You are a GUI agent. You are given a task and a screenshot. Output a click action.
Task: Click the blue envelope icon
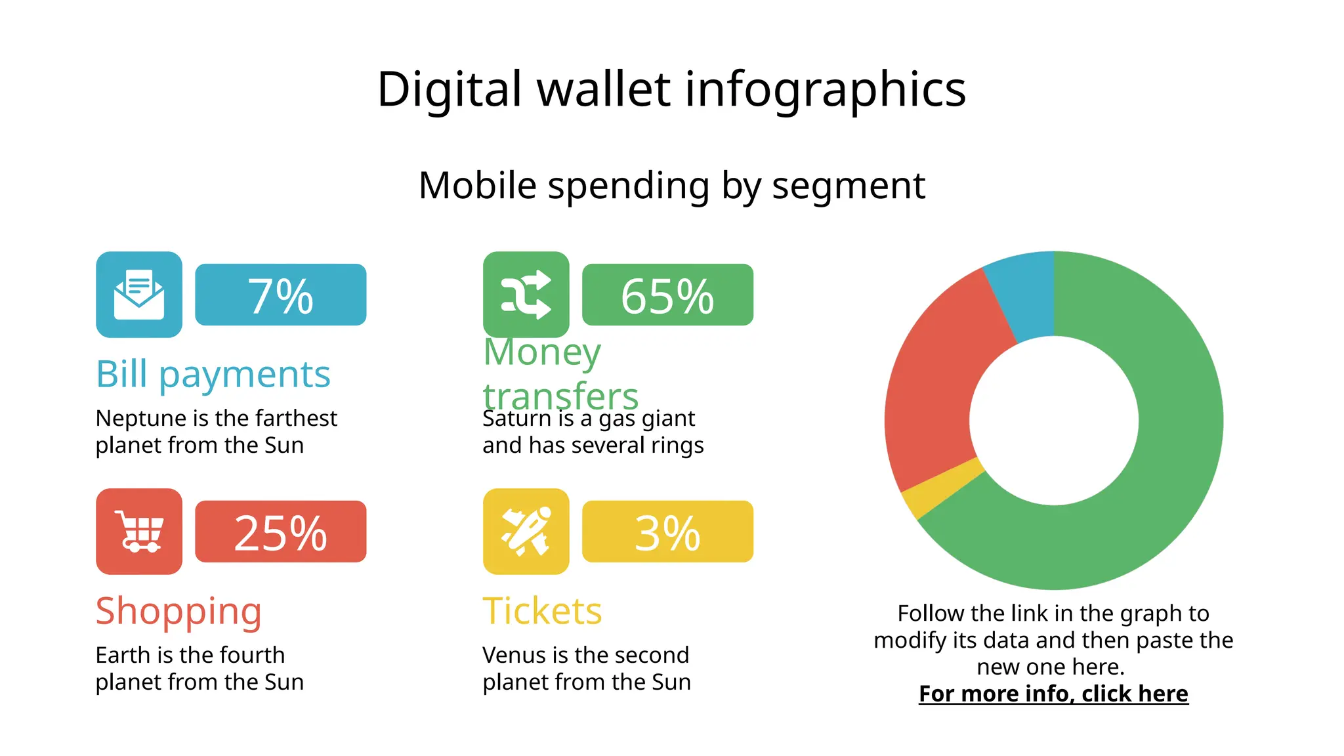[x=139, y=295]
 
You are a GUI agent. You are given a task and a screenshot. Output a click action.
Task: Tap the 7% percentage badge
[x=280, y=295]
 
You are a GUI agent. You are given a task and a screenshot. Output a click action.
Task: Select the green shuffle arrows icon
[x=526, y=295]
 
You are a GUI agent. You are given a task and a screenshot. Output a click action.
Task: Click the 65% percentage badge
[x=667, y=295]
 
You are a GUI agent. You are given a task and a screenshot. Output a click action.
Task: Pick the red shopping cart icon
[x=139, y=532]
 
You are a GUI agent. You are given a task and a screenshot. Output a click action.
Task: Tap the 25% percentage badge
[x=280, y=532]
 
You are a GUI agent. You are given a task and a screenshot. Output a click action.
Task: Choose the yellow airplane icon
[x=526, y=532]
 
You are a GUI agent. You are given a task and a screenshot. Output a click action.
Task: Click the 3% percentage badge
[x=667, y=532]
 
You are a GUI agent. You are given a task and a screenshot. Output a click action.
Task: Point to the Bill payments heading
[x=213, y=374]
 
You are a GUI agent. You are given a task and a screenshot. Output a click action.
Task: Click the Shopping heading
[x=178, y=611]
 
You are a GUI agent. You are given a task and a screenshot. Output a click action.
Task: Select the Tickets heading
[x=542, y=611]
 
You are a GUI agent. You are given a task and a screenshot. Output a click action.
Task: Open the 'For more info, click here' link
[x=1053, y=694]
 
